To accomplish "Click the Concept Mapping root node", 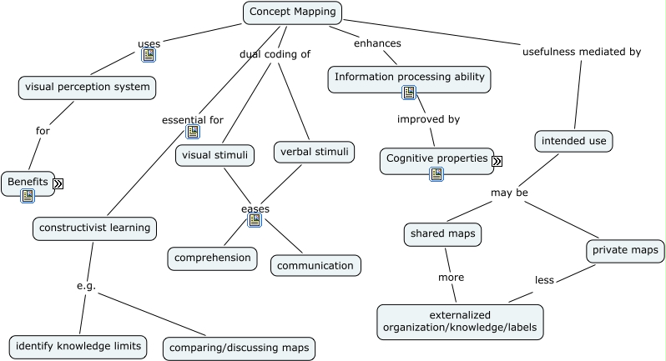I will pyautogui.click(x=293, y=13).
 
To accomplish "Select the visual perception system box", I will pyautogui.click(x=88, y=87).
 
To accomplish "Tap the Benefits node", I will pyautogui.click(x=28, y=182).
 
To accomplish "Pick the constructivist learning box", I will pyautogui.click(x=95, y=228).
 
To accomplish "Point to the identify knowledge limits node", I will pyautogui.click(x=78, y=346).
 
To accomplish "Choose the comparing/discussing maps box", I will pyautogui.click(x=239, y=348).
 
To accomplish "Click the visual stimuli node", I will pyautogui.click(x=214, y=154).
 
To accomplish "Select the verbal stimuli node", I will pyautogui.click(x=314, y=152).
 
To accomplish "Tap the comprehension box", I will pyautogui.click(x=212, y=258).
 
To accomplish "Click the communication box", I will pyautogui.click(x=315, y=266).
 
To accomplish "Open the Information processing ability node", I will pyautogui.click(x=409, y=78).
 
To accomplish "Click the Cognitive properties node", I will pyautogui.click(x=436, y=158).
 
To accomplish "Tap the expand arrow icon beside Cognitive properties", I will pyautogui.click(x=497, y=161).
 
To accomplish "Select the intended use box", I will pyautogui.click(x=573, y=141).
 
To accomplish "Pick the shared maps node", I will pyautogui.click(x=442, y=234).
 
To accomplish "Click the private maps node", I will pyautogui.click(x=626, y=250).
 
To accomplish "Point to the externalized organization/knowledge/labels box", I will pyautogui.click(x=460, y=322).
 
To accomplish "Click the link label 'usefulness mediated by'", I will pyautogui.click(x=581, y=52).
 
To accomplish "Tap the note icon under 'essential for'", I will pyautogui.click(x=193, y=132).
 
